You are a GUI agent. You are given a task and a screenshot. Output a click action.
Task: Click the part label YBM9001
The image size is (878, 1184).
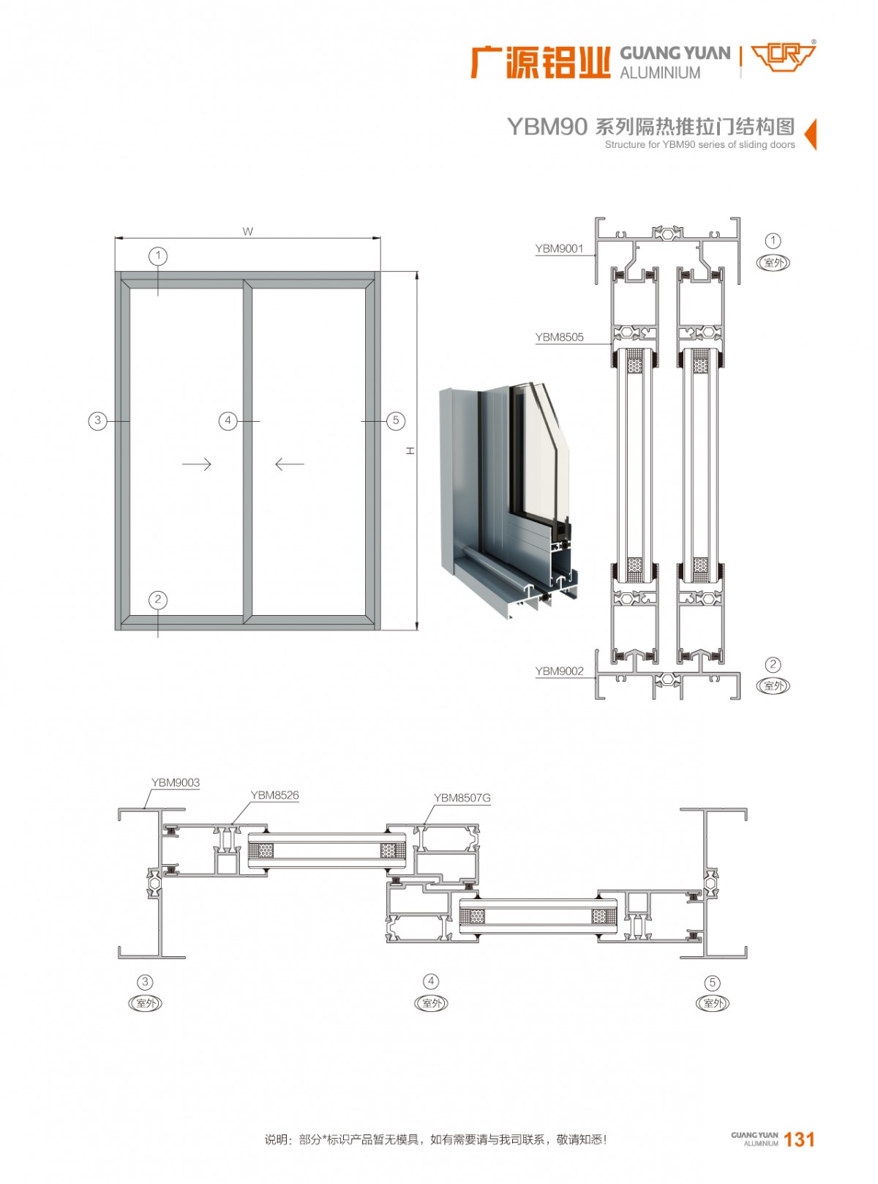click(559, 249)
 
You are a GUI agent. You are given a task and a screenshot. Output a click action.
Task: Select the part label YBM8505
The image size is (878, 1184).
click(559, 338)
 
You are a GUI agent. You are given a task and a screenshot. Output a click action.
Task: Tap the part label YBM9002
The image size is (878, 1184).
click(559, 671)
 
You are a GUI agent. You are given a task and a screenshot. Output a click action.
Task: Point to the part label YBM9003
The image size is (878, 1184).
click(176, 783)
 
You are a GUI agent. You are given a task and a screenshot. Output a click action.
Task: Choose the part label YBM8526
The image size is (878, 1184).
click(274, 795)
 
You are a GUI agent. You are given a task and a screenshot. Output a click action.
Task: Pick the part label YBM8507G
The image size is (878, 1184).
click(462, 798)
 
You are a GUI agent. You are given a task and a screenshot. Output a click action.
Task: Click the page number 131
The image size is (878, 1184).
click(799, 1139)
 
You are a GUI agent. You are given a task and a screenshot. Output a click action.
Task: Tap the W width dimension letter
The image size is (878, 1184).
click(247, 231)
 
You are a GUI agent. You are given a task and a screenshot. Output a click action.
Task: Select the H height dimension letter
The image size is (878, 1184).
click(410, 451)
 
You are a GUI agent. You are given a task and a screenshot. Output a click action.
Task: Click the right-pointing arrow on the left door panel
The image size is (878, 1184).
click(196, 464)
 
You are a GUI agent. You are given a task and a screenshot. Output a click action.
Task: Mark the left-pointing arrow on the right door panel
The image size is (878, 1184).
click(290, 464)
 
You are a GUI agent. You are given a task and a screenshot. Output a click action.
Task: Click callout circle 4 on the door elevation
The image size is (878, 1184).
click(228, 420)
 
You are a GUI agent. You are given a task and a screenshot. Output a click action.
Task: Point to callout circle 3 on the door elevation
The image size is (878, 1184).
click(97, 420)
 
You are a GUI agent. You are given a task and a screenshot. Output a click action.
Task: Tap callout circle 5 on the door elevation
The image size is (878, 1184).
click(395, 420)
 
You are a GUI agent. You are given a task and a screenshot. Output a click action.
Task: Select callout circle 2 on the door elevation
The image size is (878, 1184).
click(157, 600)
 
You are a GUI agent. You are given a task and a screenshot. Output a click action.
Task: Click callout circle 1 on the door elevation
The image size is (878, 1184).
click(157, 256)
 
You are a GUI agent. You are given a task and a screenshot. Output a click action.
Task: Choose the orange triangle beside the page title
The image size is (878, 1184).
click(810, 134)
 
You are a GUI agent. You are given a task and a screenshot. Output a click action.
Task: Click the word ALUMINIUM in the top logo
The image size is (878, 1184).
click(660, 73)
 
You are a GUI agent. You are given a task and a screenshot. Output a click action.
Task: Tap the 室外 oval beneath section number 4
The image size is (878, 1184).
click(431, 1004)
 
